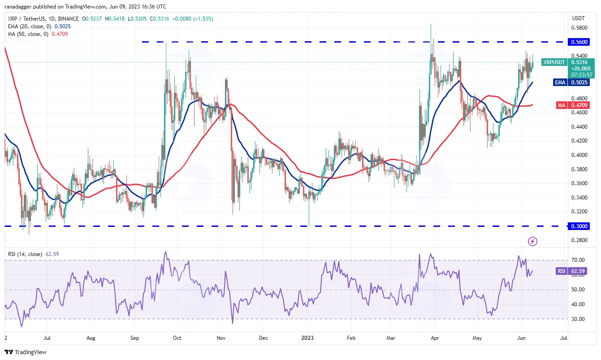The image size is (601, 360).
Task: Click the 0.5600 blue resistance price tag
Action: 579,42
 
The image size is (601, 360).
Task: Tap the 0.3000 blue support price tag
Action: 579,226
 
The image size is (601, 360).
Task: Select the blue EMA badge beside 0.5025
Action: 560,82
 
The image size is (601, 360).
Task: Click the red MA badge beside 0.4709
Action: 562,105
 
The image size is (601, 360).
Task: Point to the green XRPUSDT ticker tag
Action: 554,62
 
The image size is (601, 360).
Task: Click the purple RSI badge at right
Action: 562,271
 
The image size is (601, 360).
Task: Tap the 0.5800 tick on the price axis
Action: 579,28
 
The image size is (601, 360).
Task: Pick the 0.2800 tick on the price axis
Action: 579,240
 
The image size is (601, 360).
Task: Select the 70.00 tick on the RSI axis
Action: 578,260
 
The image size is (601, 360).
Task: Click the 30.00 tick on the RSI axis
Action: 578,319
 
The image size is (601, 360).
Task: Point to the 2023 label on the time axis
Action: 307,338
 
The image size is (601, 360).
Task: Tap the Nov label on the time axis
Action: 221,338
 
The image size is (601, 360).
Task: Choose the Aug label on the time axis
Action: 91,338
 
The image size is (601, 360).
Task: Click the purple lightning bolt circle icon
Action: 532,241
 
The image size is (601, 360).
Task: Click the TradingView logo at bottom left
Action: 26,352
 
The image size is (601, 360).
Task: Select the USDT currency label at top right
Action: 578,18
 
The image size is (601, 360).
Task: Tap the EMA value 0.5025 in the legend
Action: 62,26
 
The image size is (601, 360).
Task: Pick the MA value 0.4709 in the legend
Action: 60,34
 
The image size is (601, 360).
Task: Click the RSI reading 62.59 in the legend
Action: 52,254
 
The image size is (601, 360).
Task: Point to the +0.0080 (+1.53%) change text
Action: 193,19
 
